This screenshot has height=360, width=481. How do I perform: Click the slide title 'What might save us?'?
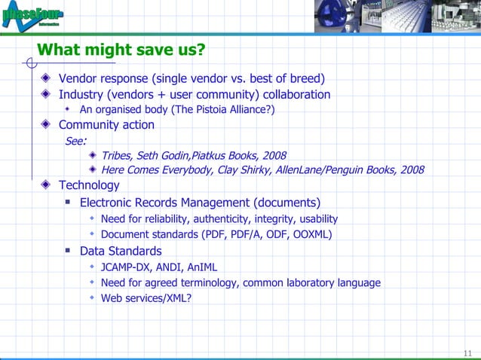(121, 50)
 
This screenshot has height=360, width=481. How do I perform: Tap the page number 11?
(467, 354)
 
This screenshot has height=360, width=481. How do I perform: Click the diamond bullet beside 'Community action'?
(47, 125)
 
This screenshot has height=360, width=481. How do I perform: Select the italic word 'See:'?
(75, 140)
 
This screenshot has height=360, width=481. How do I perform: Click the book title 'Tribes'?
(118, 156)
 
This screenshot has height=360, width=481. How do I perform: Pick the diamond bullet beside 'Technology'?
(47, 185)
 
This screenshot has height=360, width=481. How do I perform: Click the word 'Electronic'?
(109, 203)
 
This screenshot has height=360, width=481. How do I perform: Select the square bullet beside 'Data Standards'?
(68, 251)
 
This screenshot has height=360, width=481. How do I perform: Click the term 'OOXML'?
(312, 234)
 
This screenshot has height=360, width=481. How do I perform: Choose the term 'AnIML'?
(201, 267)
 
